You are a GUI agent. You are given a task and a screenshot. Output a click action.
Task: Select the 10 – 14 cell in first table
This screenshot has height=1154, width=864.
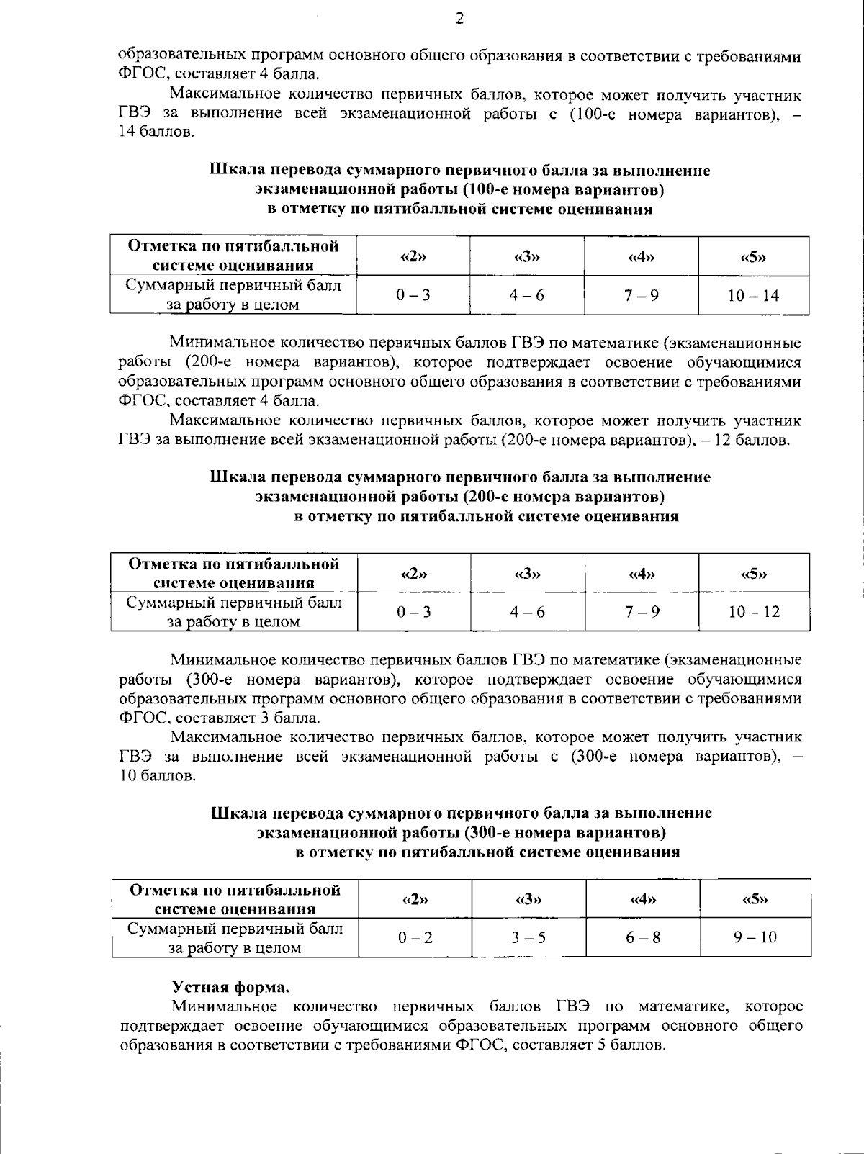click(753, 295)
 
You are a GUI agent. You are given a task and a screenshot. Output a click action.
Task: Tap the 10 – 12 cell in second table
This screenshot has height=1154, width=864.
click(754, 612)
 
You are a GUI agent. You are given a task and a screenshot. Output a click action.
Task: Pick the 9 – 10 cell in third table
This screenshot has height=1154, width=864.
click(755, 937)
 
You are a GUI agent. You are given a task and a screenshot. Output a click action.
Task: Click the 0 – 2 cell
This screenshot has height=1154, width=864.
click(415, 937)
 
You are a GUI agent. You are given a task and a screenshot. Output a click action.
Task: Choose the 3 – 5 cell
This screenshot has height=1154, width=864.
click(528, 937)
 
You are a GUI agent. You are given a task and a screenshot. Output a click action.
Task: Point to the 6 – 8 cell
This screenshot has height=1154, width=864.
click(642, 937)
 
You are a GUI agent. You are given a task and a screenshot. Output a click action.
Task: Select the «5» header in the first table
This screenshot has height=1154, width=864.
click(753, 257)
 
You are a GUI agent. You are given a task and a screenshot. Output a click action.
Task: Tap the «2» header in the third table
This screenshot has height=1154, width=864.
click(415, 899)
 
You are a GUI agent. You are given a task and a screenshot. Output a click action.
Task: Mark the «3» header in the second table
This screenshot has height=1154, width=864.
click(528, 574)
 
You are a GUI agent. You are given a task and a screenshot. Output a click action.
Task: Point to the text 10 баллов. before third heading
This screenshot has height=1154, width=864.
click(157, 776)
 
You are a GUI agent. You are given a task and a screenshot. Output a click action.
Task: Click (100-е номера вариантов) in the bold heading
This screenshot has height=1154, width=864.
click(562, 190)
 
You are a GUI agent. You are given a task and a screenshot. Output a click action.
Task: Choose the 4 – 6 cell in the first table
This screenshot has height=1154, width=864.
click(527, 295)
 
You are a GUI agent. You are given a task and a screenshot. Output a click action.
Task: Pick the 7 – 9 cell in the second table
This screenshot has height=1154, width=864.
click(642, 612)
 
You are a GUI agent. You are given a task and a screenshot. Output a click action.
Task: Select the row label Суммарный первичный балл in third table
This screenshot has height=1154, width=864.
click(235, 929)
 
